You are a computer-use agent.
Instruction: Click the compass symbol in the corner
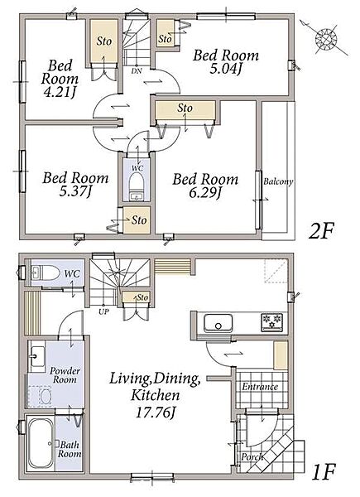[x=326, y=40]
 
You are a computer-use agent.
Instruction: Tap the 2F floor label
[x=321, y=232]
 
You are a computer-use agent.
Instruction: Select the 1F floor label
[x=324, y=472]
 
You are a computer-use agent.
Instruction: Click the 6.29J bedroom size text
[x=204, y=193]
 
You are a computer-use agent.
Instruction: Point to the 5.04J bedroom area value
[x=225, y=69]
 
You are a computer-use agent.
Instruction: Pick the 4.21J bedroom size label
[x=60, y=92]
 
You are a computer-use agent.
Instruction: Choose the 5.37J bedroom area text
[x=75, y=191]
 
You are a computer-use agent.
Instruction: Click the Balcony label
[x=278, y=182]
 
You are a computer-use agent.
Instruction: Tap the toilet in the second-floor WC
[x=137, y=184]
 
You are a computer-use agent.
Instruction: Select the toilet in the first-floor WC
[x=46, y=273]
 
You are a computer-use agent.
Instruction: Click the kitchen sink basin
[x=218, y=323]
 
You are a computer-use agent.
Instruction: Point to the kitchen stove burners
[x=271, y=322]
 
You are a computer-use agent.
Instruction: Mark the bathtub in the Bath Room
[x=41, y=444]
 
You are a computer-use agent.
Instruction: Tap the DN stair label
[x=137, y=71]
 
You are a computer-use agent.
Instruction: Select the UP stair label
[x=103, y=311]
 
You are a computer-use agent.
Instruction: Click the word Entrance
[x=260, y=387]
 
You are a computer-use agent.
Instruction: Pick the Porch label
[x=252, y=456]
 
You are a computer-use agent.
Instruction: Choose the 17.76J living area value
[x=155, y=412]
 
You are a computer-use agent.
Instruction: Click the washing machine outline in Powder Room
[x=39, y=397]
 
